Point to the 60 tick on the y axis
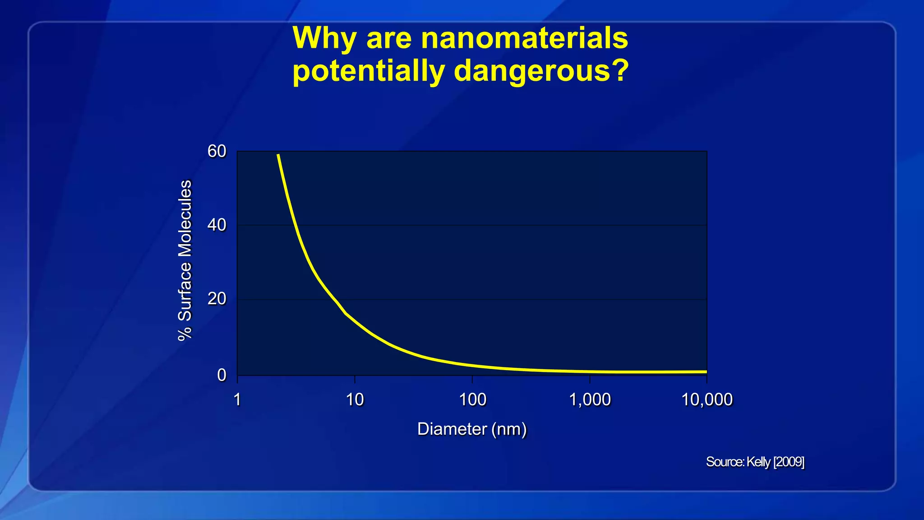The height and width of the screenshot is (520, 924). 217,151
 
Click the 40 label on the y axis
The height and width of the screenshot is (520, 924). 217,225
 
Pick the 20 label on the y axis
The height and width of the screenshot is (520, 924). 217,299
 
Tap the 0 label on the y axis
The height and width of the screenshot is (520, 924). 222,375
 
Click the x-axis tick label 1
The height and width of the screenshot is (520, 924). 237,399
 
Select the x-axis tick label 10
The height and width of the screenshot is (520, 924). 355,399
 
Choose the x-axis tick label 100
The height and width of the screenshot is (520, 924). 472,399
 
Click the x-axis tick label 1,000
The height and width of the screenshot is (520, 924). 590,399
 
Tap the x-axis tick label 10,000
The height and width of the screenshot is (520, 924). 707,399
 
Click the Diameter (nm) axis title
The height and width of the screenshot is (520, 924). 472,429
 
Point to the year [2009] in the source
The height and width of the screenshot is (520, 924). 789,462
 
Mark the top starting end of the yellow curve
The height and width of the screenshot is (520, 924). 278,155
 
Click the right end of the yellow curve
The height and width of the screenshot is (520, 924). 706,371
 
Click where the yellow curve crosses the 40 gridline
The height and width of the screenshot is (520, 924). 295,225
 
